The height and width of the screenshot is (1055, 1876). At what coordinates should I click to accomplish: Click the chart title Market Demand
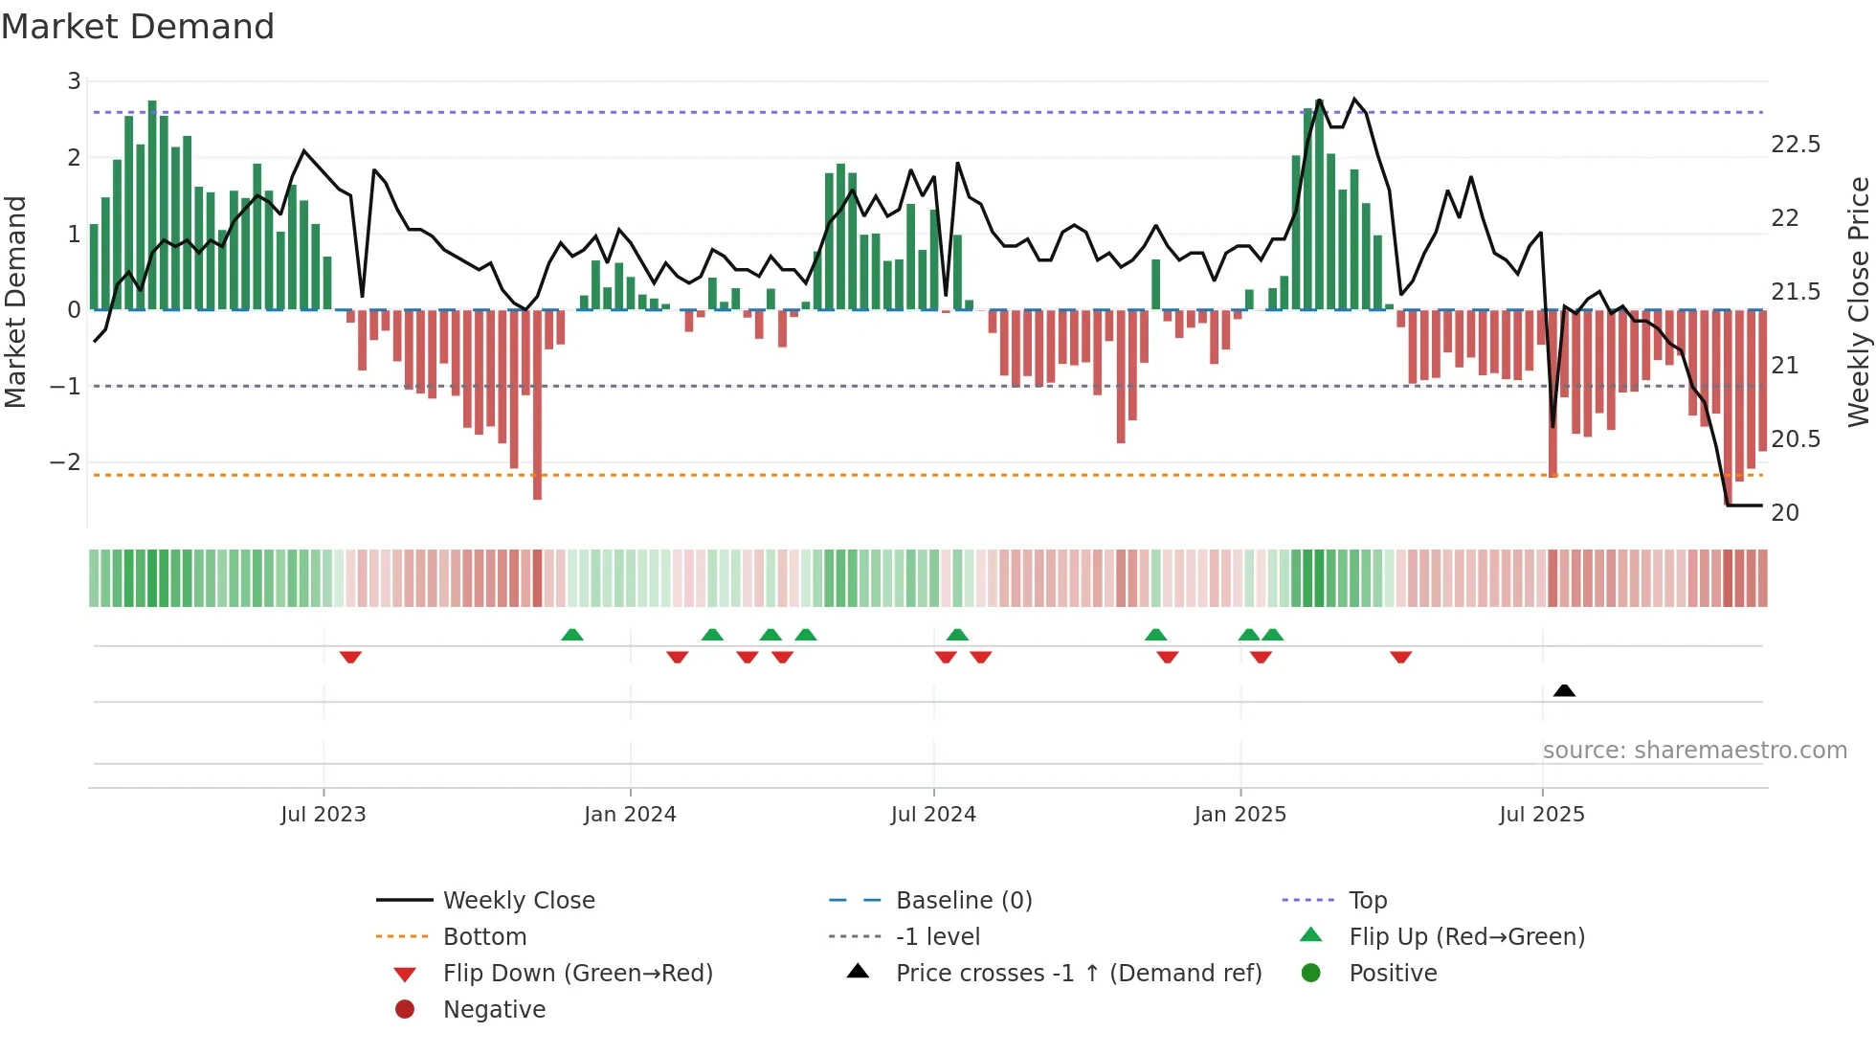[138, 26]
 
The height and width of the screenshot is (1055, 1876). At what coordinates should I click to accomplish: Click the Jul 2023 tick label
[324, 815]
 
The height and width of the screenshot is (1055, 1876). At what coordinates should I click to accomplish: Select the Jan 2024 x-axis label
[630, 815]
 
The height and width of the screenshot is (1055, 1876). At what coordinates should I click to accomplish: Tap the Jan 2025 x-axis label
[1240, 815]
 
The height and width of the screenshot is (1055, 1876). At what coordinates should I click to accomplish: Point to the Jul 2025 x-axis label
[1542, 815]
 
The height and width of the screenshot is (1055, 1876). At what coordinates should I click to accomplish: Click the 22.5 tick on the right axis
[1796, 145]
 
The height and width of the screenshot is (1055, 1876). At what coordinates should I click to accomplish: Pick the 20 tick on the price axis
[1785, 513]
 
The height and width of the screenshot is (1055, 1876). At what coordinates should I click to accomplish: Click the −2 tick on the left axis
[66, 462]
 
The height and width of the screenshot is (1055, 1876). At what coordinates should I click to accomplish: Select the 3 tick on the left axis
[74, 81]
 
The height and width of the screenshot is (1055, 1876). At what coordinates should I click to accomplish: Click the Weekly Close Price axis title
[1858, 302]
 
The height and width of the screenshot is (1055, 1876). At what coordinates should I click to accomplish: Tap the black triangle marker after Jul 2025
[1564, 690]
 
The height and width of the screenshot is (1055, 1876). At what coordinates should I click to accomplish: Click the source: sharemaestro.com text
[1694, 751]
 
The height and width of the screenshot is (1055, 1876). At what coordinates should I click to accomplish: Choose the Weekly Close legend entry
[519, 901]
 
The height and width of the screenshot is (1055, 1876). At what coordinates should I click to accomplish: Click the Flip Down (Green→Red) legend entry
[577, 974]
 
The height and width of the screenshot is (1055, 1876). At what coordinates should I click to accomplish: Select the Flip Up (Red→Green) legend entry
[1466, 937]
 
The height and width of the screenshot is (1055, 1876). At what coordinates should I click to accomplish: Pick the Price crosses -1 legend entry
[1078, 974]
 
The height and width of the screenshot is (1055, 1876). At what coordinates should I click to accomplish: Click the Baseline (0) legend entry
[963, 901]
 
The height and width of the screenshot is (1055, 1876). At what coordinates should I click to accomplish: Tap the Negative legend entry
[494, 1010]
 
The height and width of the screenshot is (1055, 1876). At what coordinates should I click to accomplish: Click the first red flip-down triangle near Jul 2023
[350, 657]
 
